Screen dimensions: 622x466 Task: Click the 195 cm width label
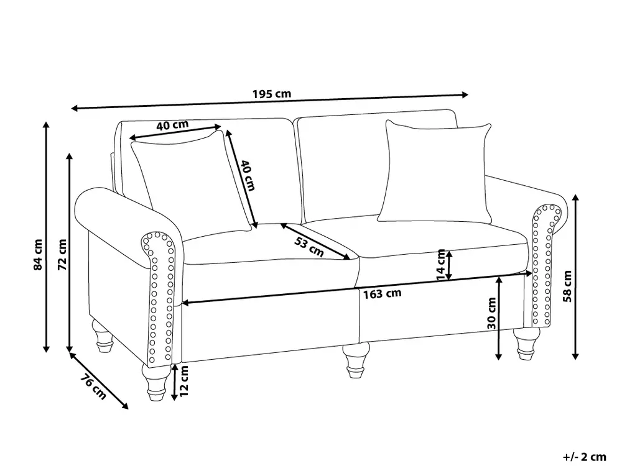[x=272, y=94]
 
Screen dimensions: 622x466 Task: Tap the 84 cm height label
[x=38, y=255]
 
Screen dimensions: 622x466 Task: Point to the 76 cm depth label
[x=94, y=386]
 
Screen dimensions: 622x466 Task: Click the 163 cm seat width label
[x=382, y=294]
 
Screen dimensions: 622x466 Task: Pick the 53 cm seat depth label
[x=309, y=247]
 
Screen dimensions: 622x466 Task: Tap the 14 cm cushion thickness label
[x=441, y=265]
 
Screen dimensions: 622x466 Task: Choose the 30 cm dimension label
[x=491, y=313]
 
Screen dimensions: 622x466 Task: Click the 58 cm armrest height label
[x=568, y=286]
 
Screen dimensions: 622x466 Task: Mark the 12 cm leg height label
[x=183, y=381]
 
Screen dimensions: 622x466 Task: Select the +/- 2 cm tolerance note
[x=584, y=457]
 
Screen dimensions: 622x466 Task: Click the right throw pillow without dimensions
[x=435, y=172]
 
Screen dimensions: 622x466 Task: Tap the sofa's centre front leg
[x=355, y=359]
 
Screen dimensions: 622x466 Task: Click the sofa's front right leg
[x=526, y=344]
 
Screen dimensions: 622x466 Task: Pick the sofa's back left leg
[x=103, y=336]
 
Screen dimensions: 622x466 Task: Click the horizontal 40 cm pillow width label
[x=172, y=126]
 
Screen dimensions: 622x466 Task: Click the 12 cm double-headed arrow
[x=174, y=381]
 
